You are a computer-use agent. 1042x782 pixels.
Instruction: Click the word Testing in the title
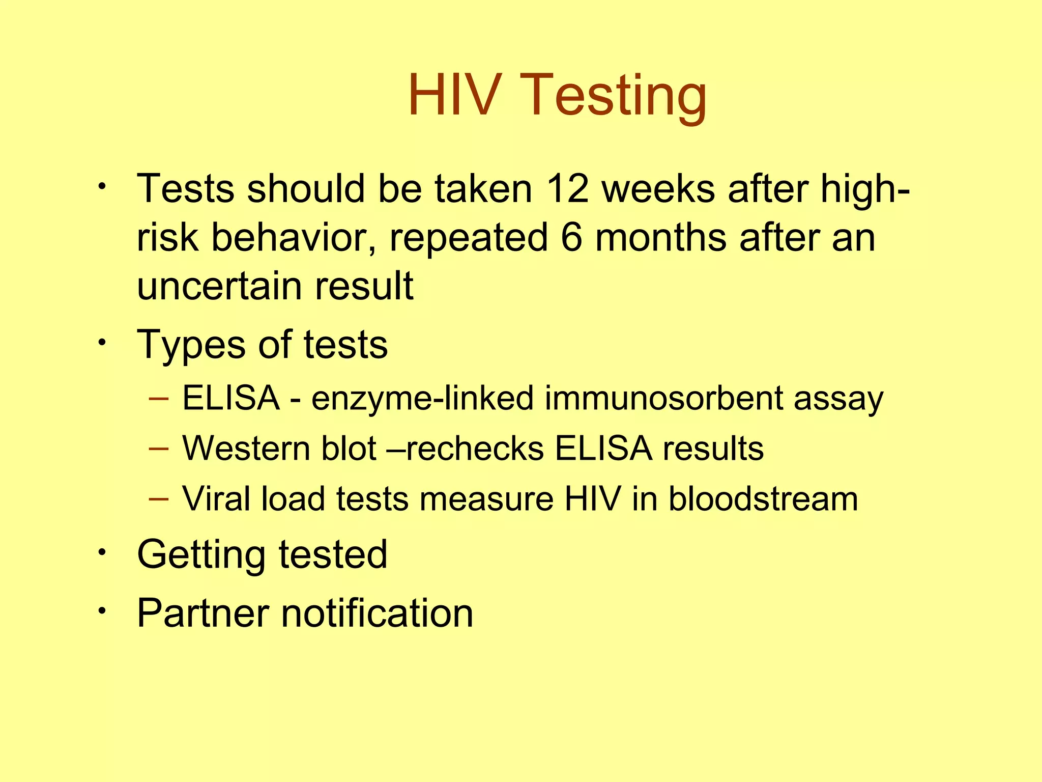click(613, 97)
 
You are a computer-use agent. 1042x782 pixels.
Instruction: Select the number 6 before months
click(571, 238)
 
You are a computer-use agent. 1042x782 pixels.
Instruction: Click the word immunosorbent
click(663, 398)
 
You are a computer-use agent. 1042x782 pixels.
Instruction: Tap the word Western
click(246, 449)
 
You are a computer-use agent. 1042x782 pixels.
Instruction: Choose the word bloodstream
click(763, 498)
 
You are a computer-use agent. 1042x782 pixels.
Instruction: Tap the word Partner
click(202, 612)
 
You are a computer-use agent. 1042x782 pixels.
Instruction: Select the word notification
click(377, 612)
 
